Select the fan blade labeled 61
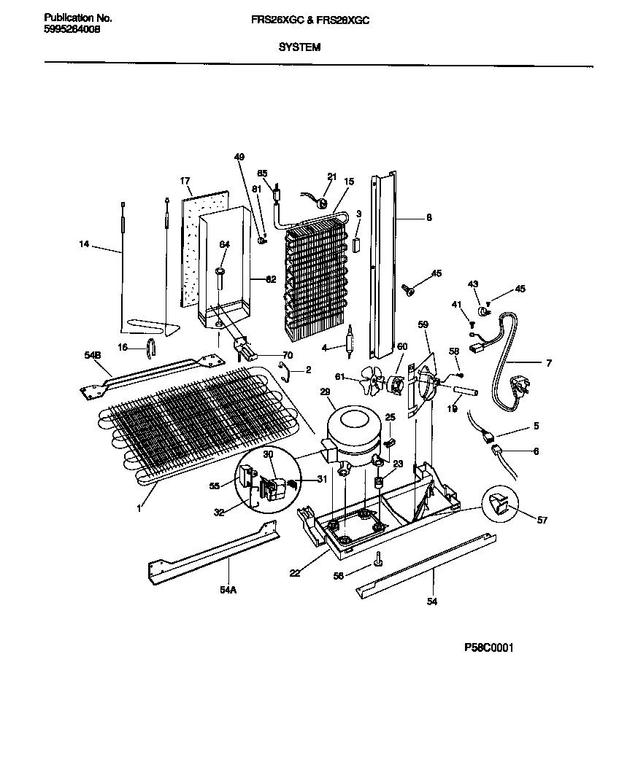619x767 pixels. [x=373, y=380]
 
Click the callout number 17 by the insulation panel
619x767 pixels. [x=185, y=181]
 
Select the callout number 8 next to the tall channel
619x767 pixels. [x=428, y=217]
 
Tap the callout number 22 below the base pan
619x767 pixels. [x=294, y=572]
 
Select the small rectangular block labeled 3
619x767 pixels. [x=356, y=244]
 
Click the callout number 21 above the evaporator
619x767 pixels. [x=331, y=176]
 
